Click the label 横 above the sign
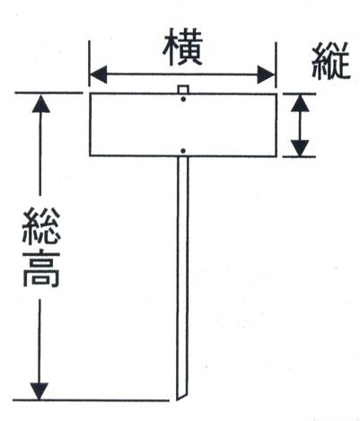tap(182, 47)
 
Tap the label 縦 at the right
tap(330, 61)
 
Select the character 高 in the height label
tap(41, 269)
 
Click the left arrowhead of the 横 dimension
tap(99, 75)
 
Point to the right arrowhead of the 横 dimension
tap(266, 75)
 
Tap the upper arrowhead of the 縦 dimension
tap(300, 103)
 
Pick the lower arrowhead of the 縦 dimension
tap(300, 148)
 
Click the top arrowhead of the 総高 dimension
tap(40, 103)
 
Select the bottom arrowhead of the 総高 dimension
tap(40, 390)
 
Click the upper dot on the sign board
tap(183, 99)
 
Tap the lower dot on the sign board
tap(184, 151)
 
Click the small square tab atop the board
tap(183, 90)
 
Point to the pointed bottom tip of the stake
tap(178, 400)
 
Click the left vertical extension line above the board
tap(89, 64)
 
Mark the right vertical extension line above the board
tap(276, 65)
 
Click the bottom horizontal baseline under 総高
tap(91, 399)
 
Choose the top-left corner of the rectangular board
tap(91, 94)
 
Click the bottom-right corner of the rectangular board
tap(277, 156)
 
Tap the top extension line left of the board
tap(48, 92)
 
